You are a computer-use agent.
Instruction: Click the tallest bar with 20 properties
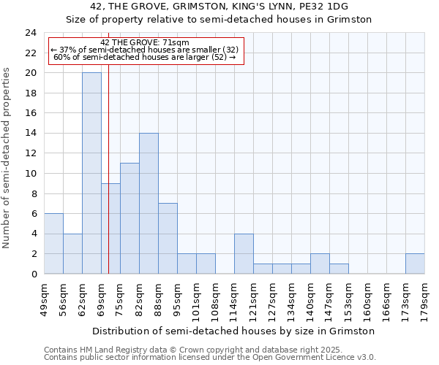pyautogui.click(x=91, y=173)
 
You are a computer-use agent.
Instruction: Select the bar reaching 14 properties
pyautogui.click(x=149, y=203)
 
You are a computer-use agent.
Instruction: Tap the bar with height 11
pyautogui.click(x=130, y=218)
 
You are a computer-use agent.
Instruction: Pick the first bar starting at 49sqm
pyautogui.click(x=53, y=243)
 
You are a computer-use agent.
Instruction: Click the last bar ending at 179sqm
pyautogui.click(x=415, y=264)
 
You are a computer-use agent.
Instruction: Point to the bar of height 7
pyautogui.click(x=168, y=238)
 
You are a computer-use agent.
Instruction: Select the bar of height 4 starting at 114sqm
pyautogui.click(x=244, y=253)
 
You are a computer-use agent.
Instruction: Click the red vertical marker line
pyautogui.click(x=108, y=182)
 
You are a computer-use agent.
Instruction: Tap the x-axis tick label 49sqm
pyautogui.click(x=44, y=298)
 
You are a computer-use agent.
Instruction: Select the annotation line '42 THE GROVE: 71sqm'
pyautogui.click(x=144, y=42)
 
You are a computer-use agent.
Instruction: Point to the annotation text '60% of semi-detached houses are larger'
pyautogui.click(x=144, y=57)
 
